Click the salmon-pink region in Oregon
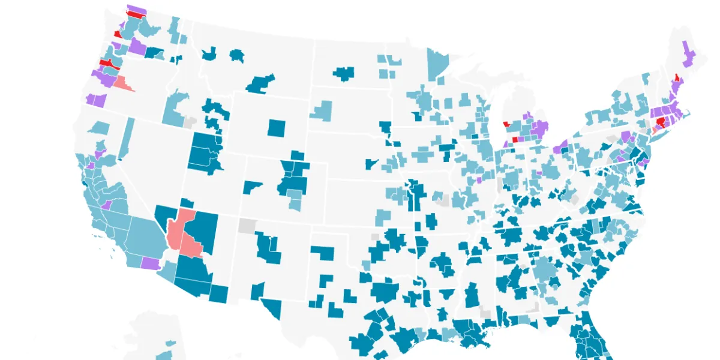[x=122, y=83]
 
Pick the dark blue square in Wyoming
[x=277, y=128]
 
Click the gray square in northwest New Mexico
[x=247, y=226]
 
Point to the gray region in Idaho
[x=190, y=122]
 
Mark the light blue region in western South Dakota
[x=320, y=110]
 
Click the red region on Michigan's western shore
[x=506, y=124]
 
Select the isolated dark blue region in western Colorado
[x=252, y=186]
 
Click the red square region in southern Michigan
[x=514, y=139]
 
